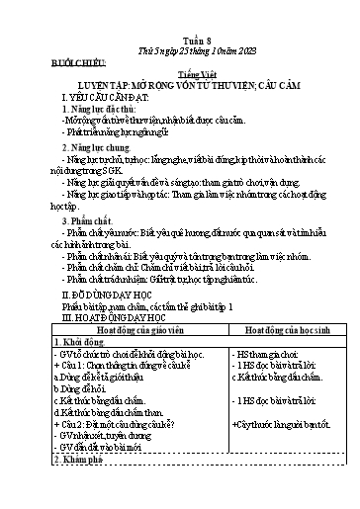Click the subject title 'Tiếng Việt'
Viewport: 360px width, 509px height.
pos(179,75)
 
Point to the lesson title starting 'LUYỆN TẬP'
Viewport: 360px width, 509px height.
pos(179,87)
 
